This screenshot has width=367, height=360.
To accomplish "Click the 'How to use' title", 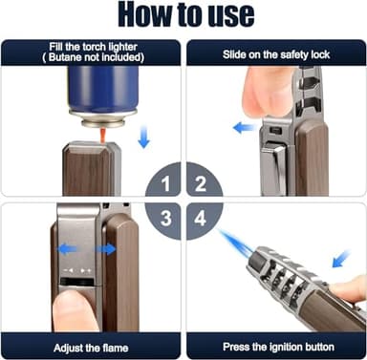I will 183,15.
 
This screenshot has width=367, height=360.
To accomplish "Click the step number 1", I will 167,180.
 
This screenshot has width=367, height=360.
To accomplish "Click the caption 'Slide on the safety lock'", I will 276,53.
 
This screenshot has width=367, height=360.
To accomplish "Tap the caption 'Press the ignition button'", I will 276,347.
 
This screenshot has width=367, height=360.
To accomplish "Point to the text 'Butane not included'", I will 91,57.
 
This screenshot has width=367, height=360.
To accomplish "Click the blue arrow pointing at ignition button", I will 337,258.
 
